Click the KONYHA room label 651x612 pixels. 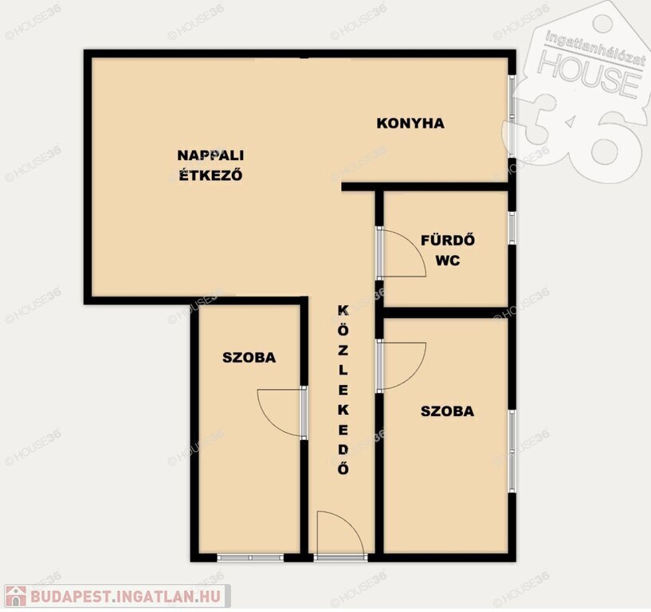pyautogui.click(x=410, y=124)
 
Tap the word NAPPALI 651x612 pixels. pyautogui.click(x=210, y=155)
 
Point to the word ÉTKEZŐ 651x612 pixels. pyautogui.click(x=210, y=175)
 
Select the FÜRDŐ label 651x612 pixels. pyautogui.click(x=448, y=240)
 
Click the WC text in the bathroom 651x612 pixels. pyautogui.click(x=448, y=261)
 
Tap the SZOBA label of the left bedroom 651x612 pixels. pyautogui.click(x=249, y=358)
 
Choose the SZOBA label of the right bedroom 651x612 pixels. pyautogui.click(x=447, y=411)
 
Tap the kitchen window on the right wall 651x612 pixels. pyautogui.click(x=512, y=116)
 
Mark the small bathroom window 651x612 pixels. pyautogui.click(x=512, y=229)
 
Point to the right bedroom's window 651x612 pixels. pyautogui.click(x=512, y=451)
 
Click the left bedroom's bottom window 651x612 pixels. pyautogui.click(x=250, y=558)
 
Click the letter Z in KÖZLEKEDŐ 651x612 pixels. pyautogui.click(x=343, y=350)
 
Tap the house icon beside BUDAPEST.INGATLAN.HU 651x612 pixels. pyautogui.click(x=16, y=596)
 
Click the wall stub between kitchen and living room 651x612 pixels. pyautogui.click(x=359, y=186)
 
